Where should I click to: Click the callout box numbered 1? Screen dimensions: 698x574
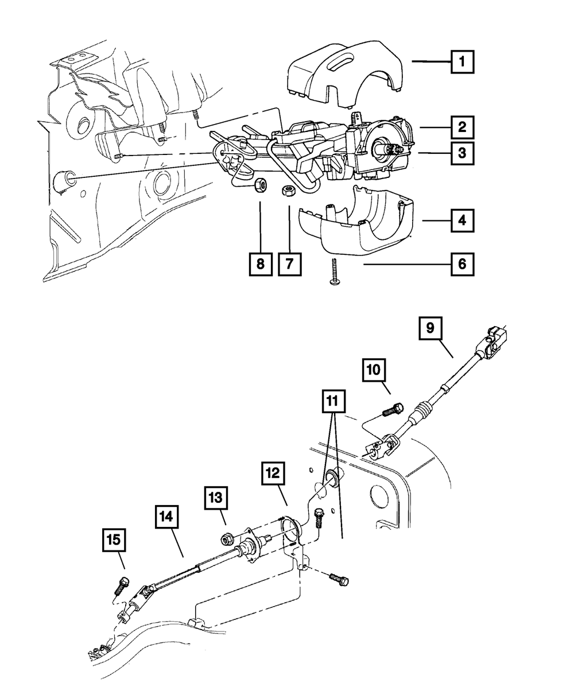463,62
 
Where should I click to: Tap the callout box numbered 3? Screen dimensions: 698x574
463,153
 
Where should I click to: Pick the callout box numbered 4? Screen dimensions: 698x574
463,219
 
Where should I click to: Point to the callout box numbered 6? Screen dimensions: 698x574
463,265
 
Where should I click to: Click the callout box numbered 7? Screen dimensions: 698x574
290,265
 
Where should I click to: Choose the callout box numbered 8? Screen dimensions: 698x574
261,265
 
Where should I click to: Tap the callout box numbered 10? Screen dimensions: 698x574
374,371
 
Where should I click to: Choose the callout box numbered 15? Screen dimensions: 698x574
114,540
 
